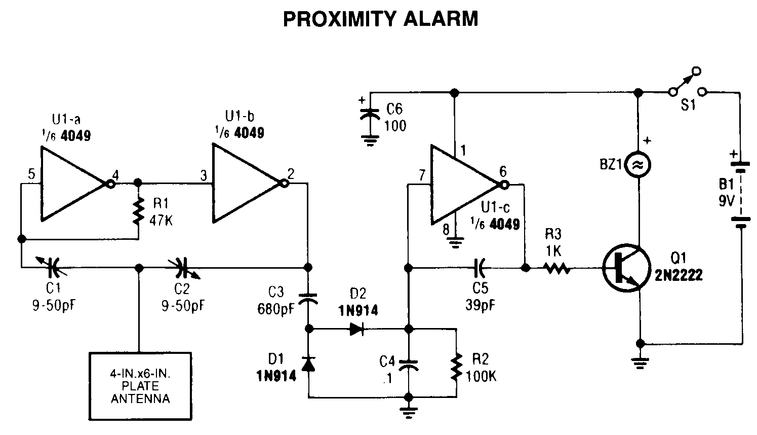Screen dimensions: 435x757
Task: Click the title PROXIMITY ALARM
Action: pyautogui.click(x=380, y=19)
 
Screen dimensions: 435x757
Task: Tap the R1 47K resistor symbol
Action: pyautogui.click(x=137, y=211)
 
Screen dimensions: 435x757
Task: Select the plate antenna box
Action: pyautogui.click(x=140, y=386)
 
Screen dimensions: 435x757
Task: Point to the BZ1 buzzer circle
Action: pyautogui.click(x=639, y=164)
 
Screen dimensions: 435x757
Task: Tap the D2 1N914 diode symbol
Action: pyautogui.click(x=357, y=329)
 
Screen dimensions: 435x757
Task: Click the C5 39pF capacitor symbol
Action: pyautogui.click(x=479, y=266)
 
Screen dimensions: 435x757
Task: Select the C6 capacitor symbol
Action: pyautogui.click(x=370, y=114)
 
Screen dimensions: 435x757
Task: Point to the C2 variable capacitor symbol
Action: pyautogui.click(x=183, y=266)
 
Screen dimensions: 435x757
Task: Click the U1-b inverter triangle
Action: pyautogui.click(x=243, y=183)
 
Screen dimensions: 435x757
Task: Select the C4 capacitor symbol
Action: pyautogui.click(x=408, y=366)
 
